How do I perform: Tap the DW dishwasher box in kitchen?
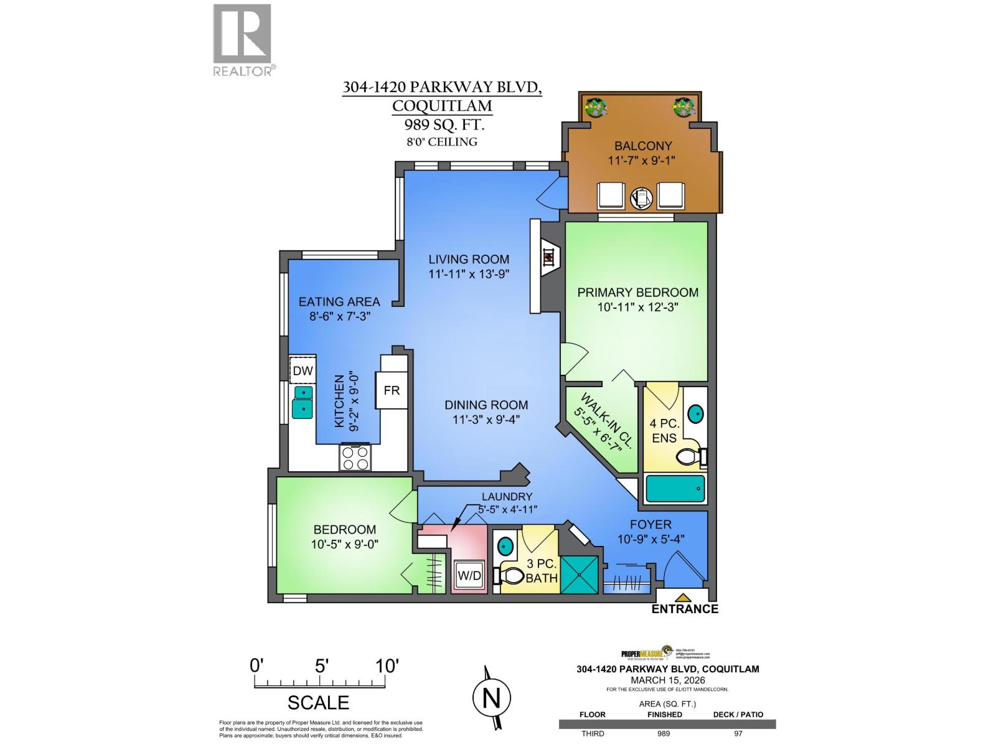point(303,371)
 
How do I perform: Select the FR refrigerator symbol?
point(391,390)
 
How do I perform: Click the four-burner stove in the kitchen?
point(355,458)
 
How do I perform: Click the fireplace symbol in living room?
point(548,255)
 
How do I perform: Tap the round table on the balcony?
point(641,197)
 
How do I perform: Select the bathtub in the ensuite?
point(675,489)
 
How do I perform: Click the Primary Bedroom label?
point(637,292)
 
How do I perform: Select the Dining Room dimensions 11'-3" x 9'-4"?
point(486,420)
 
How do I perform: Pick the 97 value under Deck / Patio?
point(738,734)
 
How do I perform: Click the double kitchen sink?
point(303,401)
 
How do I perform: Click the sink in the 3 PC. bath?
point(505,547)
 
